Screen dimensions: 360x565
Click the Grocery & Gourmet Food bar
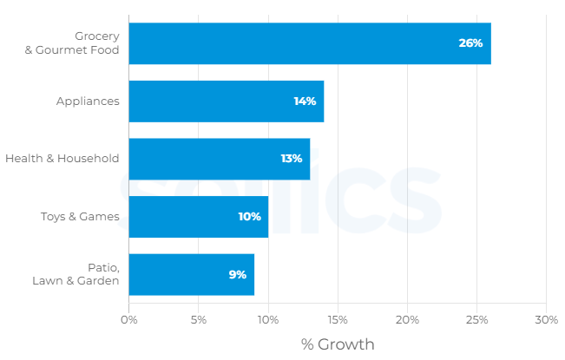[310, 43]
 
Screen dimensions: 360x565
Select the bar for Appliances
[226, 101]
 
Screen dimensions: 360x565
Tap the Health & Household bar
[219, 159]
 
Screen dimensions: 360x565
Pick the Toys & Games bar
[198, 217]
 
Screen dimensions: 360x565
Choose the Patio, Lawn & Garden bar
[191, 274]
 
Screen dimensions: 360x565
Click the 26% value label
[470, 43]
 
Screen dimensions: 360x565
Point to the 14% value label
[305, 101]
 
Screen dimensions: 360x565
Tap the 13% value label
[291, 159]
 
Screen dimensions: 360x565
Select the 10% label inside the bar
[249, 217]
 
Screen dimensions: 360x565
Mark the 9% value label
[237, 274]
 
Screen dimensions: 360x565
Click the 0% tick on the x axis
[129, 320]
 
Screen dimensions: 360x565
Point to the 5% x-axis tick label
[199, 320]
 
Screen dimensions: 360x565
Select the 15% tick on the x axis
[338, 320]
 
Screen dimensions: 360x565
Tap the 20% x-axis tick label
[407, 320]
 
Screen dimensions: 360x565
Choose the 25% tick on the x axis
[476, 320]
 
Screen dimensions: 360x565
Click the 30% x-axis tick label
[546, 320]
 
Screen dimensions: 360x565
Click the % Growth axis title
[338, 344]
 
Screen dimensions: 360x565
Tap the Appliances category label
[88, 101]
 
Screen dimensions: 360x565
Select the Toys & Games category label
[80, 217]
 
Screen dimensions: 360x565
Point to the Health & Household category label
[62, 159]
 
